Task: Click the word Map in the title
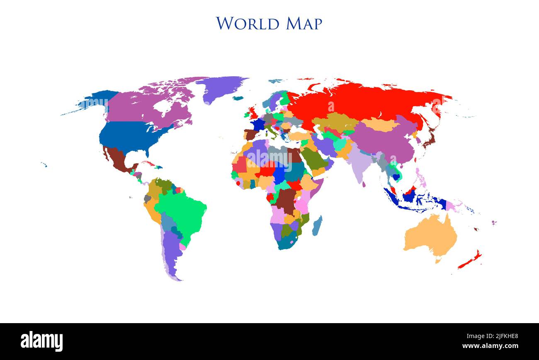point(304,24)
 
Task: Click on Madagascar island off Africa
point(317,226)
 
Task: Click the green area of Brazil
point(182,210)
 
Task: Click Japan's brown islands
point(430,139)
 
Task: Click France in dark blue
point(259,124)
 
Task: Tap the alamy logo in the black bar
point(41,341)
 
